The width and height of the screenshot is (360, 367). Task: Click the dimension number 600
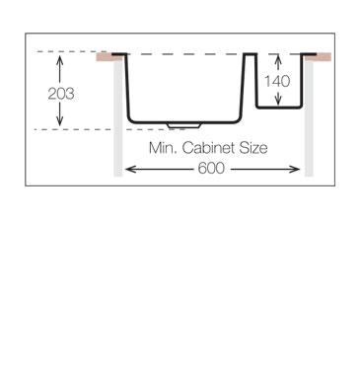(213, 170)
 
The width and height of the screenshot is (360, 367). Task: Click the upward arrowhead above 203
(61, 60)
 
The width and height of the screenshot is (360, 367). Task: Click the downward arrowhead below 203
(61, 123)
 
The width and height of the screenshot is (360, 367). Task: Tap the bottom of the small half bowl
(278, 107)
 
